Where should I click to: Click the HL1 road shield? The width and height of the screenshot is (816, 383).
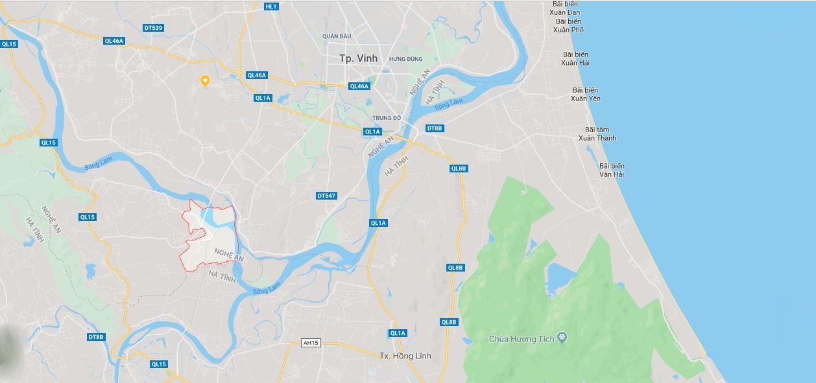tap(271, 6)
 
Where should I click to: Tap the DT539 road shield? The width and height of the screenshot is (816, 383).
tap(154, 28)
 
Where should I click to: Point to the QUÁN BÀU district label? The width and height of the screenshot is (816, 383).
tap(337, 36)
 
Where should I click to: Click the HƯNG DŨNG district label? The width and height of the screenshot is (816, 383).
tap(405, 59)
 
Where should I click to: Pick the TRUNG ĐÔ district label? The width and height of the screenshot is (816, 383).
tap(387, 118)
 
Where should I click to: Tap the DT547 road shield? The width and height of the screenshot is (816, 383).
tap(326, 196)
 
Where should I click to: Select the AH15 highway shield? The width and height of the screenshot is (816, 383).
tap(311, 343)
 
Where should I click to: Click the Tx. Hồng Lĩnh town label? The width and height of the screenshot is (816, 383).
tap(405, 356)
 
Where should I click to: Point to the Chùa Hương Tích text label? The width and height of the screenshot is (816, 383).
tap(522, 339)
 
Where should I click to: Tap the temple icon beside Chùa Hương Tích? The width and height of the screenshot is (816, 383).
tap(562, 338)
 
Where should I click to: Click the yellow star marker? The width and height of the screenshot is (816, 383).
tap(205, 80)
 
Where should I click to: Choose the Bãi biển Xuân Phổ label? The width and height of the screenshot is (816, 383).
tap(569, 25)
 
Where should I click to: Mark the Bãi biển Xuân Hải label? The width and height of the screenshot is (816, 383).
tap(576, 58)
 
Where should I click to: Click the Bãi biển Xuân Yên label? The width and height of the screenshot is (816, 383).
tap(585, 94)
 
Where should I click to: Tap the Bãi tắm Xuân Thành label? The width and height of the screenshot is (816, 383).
tap(597, 133)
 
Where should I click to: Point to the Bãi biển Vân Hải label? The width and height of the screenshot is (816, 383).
tap(611, 170)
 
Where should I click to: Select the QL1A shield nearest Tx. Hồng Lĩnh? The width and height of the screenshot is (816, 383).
tap(398, 333)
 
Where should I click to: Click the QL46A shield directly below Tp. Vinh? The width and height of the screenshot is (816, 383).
tap(359, 86)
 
